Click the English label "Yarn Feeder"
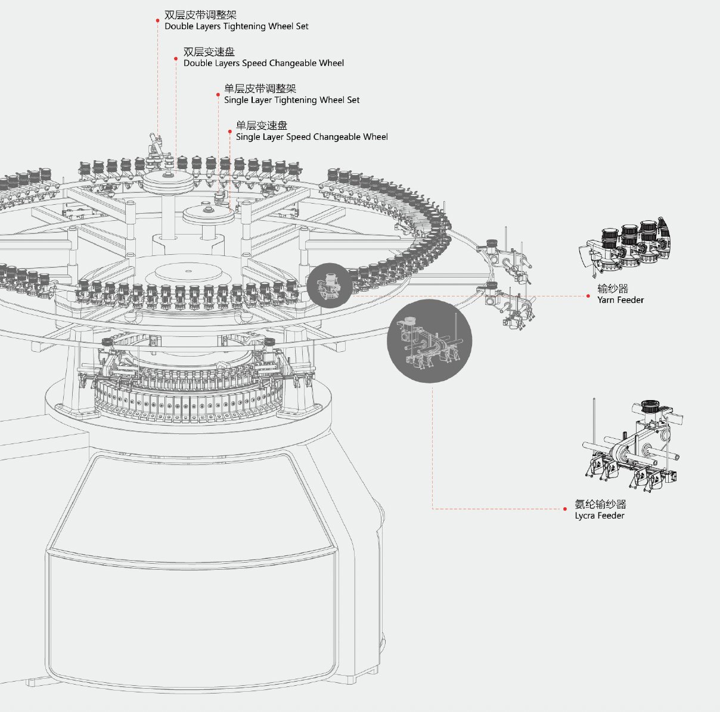coord(620,300)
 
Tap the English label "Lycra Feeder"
coord(600,516)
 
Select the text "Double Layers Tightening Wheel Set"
coord(236,26)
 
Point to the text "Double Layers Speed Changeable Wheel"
coord(263,63)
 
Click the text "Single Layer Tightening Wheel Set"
coord(291,100)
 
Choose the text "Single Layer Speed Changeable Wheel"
coord(312,137)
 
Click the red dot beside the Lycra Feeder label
coord(565,509)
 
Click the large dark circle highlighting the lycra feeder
coord(429,341)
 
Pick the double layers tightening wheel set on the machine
coord(155,146)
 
